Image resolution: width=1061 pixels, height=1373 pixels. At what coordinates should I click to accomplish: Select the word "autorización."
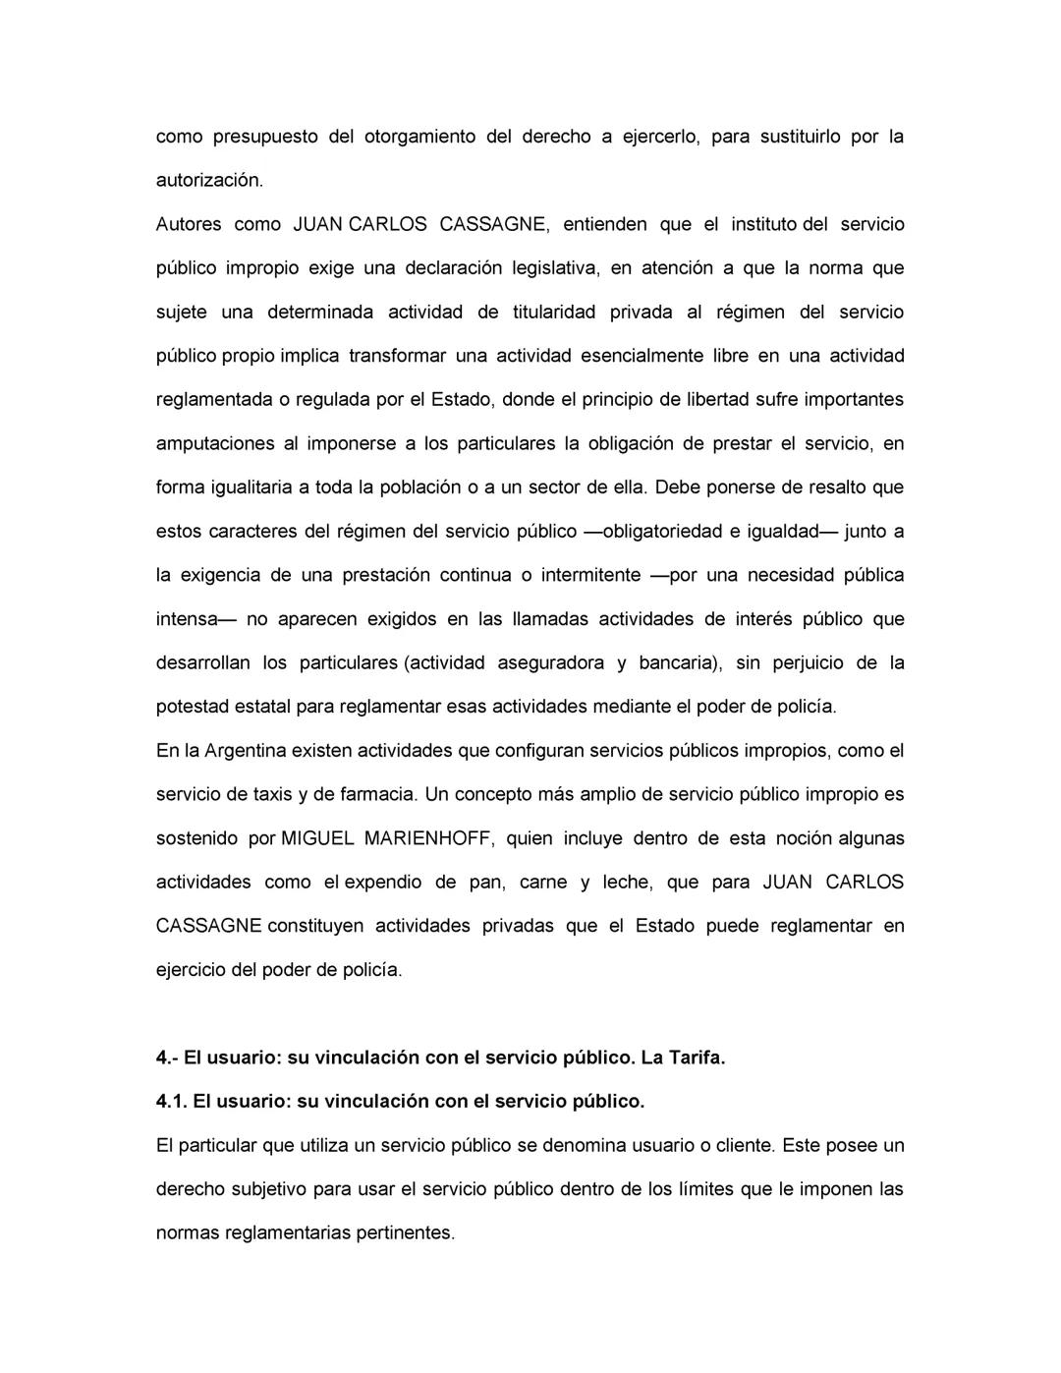tap(210, 181)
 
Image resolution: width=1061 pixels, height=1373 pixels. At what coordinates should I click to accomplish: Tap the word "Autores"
tap(189, 224)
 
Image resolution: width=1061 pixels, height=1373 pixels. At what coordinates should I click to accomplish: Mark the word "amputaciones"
tap(213, 443)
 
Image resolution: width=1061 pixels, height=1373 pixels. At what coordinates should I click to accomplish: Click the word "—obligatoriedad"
tap(649, 532)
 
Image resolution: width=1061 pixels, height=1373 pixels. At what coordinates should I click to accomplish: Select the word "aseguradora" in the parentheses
tap(551, 663)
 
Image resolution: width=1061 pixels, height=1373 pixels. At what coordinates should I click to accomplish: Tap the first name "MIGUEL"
tap(316, 839)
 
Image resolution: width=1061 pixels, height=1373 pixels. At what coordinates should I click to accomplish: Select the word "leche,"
tap(627, 883)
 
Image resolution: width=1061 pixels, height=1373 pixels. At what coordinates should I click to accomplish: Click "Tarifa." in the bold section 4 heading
tap(695, 1058)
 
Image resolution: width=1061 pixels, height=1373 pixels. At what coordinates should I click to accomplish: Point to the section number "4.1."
tap(171, 1102)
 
